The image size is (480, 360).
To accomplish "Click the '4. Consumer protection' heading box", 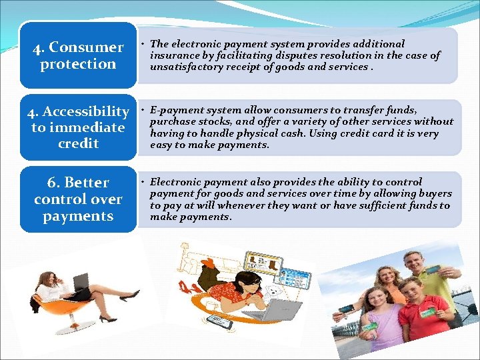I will [x=77, y=55].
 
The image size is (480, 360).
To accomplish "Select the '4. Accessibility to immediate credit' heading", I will [x=77, y=127].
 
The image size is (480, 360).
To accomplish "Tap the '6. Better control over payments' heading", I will [x=77, y=199].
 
